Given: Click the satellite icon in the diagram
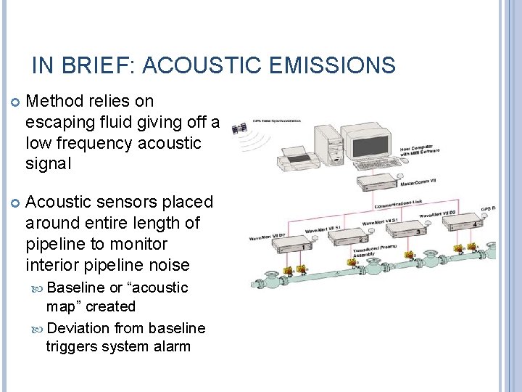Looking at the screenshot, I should point(237,128).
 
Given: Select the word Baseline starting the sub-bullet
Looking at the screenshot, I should point(76,287).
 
